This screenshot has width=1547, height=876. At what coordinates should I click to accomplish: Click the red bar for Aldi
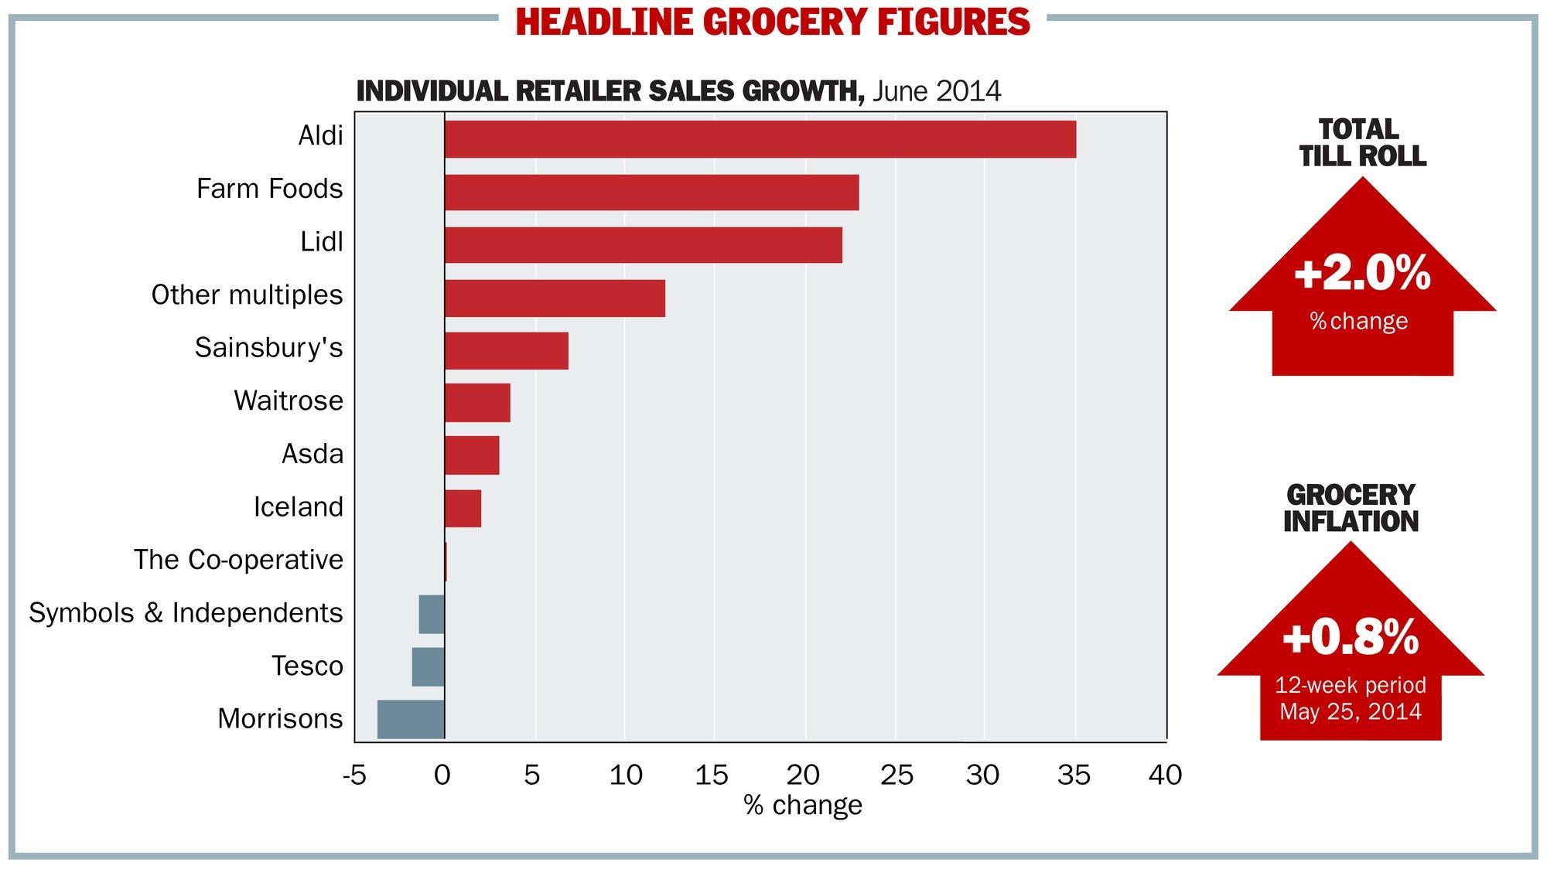(760, 139)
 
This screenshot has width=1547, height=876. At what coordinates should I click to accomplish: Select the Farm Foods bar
(651, 192)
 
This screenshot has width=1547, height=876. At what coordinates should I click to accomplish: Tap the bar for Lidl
(643, 244)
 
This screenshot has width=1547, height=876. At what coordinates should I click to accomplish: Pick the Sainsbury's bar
(506, 350)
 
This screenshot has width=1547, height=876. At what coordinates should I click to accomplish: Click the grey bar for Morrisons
(411, 719)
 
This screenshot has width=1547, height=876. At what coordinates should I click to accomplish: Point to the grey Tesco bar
(428, 666)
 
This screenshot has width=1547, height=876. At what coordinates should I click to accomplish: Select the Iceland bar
(463, 508)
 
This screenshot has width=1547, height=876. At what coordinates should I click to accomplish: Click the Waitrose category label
(289, 401)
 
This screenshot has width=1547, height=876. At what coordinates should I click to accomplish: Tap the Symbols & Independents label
(186, 612)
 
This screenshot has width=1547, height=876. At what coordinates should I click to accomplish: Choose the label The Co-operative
(238, 559)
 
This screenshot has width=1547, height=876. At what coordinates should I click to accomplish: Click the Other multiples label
(247, 295)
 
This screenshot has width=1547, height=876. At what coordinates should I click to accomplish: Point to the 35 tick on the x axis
(1074, 774)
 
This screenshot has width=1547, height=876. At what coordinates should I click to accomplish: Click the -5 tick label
(354, 774)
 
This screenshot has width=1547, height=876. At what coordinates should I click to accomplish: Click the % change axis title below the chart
(802, 805)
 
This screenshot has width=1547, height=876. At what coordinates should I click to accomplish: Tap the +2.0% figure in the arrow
(1361, 274)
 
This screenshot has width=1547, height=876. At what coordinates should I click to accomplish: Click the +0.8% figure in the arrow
(1350, 639)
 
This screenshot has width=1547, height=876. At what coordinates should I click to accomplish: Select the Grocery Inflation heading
(1351, 508)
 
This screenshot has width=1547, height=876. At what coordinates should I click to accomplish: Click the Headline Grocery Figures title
(773, 22)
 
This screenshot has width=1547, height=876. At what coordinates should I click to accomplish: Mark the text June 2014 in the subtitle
(937, 91)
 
